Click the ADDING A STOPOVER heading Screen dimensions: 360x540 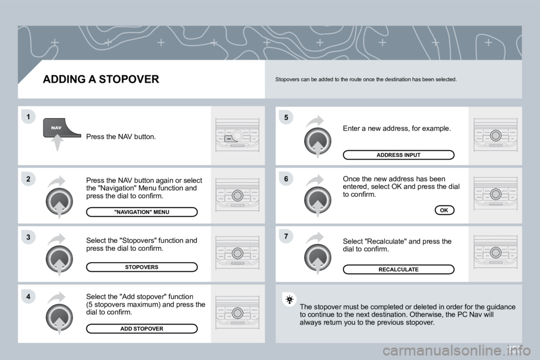pos(101,79)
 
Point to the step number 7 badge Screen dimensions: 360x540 pos(286,236)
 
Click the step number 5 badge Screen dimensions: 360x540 pos(286,118)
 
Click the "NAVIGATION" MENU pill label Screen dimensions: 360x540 pos(142,212)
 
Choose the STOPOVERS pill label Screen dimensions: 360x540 pos(142,267)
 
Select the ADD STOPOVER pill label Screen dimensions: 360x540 pos(142,328)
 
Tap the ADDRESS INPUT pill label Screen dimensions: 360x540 pos(398,155)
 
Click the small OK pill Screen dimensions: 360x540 pos(444,210)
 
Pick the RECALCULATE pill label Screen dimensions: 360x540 pos(398,269)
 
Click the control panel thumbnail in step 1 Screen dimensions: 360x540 pos(237,136)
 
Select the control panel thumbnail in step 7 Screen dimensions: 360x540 pos(495,253)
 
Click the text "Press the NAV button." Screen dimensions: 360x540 pos(121,137)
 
